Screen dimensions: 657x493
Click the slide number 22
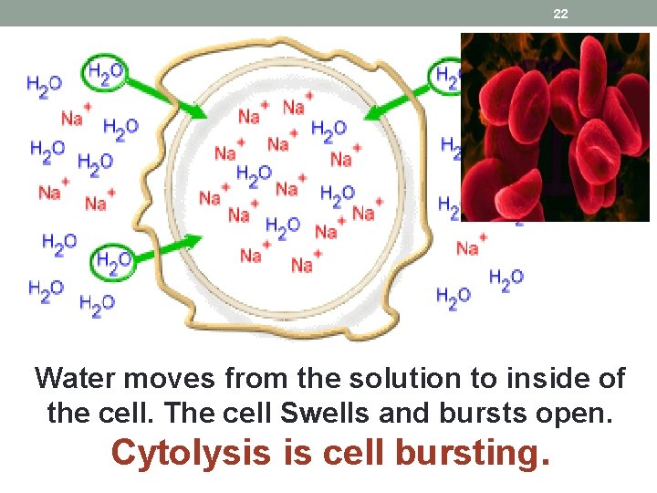(x=560, y=14)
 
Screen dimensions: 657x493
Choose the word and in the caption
(x=406, y=413)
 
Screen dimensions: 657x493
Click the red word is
(x=296, y=452)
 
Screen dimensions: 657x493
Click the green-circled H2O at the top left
(x=105, y=72)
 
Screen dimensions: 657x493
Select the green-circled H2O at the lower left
(x=113, y=263)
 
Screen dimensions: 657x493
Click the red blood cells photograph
(x=555, y=127)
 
